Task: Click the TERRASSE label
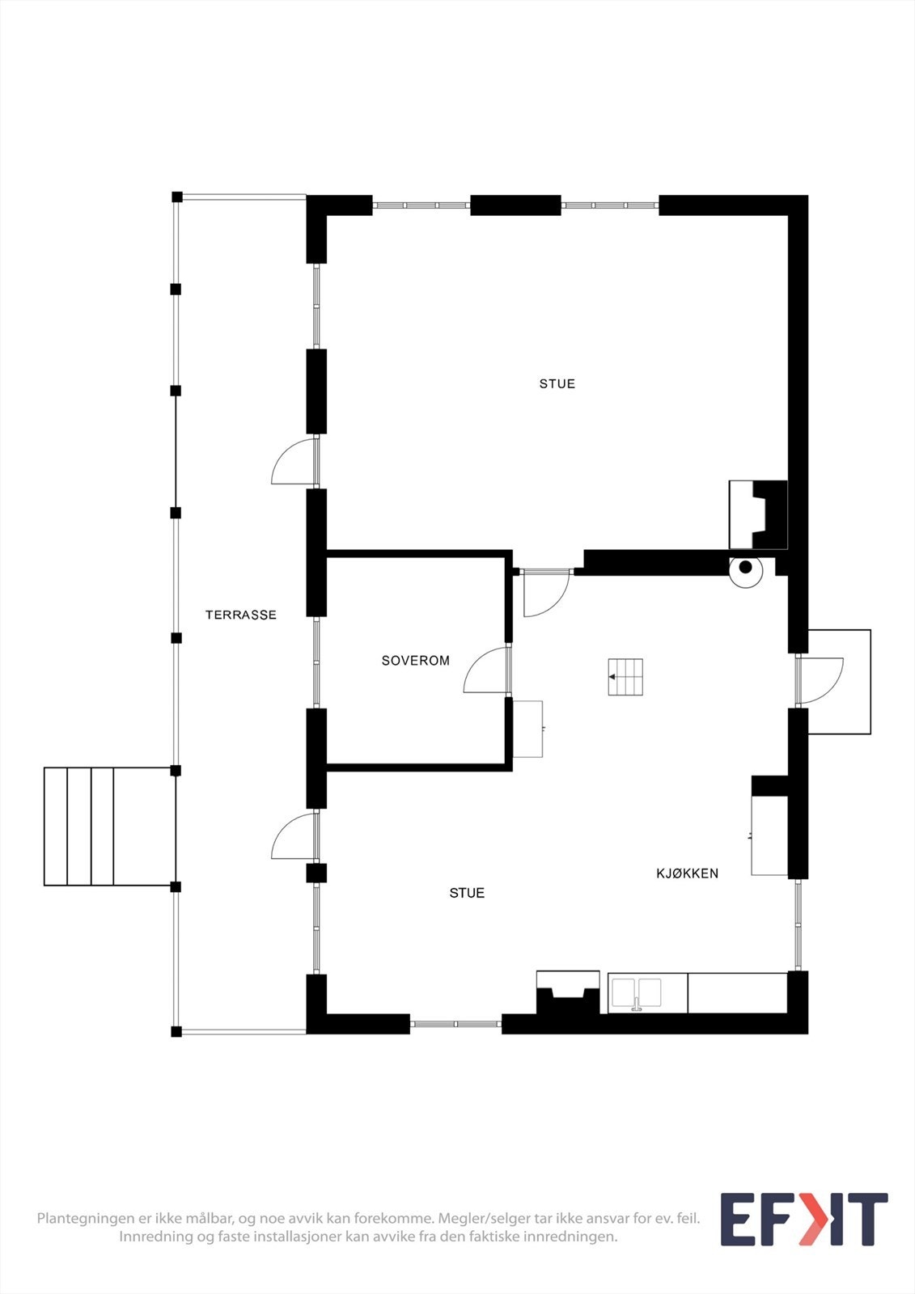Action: (x=240, y=615)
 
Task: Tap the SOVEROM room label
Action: (x=415, y=661)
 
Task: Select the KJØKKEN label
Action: (x=687, y=873)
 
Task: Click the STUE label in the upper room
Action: (x=557, y=384)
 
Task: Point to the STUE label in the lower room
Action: (x=467, y=893)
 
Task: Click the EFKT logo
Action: (x=803, y=1220)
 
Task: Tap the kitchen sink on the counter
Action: (x=636, y=993)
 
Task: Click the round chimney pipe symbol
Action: (x=745, y=568)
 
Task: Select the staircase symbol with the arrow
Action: (x=625, y=677)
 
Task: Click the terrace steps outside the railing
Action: (x=109, y=827)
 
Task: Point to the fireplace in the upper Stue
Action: (x=758, y=514)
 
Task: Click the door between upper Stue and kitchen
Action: (x=546, y=594)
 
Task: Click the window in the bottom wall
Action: (x=455, y=1024)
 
